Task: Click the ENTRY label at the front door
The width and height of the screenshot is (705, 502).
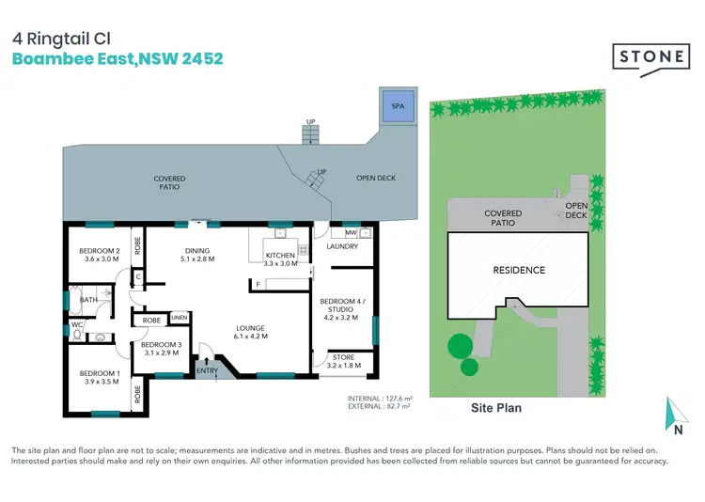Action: coord(207,371)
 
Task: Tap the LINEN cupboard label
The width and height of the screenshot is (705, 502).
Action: coord(180,319)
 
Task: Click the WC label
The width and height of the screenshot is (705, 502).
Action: coord(78,326)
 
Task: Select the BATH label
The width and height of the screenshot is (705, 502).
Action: coord(88,301)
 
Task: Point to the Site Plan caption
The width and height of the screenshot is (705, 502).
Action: coord(495,409)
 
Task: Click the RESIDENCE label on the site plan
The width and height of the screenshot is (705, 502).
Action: coord(519,271)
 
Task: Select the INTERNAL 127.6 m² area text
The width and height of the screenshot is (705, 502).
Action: coord(379,398)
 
